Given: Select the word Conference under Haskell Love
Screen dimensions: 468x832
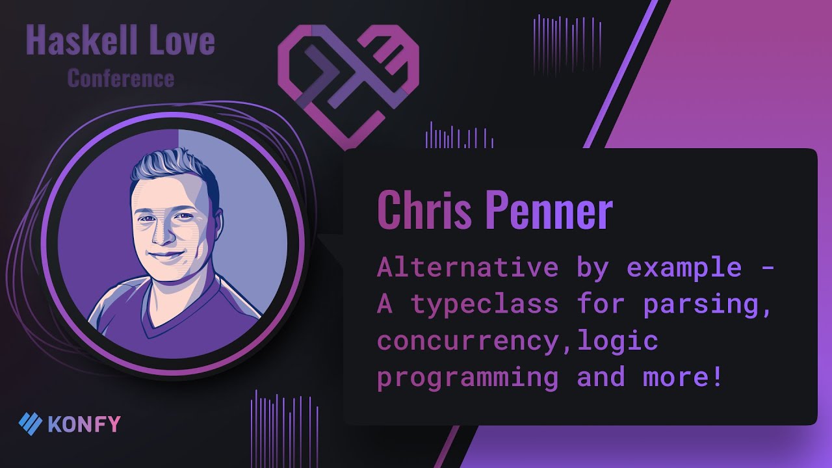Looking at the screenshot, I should (x=121, y=79).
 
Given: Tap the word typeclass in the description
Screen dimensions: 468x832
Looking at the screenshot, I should (x=484, y=304).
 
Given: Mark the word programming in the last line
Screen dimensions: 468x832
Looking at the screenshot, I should (x=467, y=377).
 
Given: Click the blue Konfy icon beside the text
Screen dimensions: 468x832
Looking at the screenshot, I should (x=30, y=424).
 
